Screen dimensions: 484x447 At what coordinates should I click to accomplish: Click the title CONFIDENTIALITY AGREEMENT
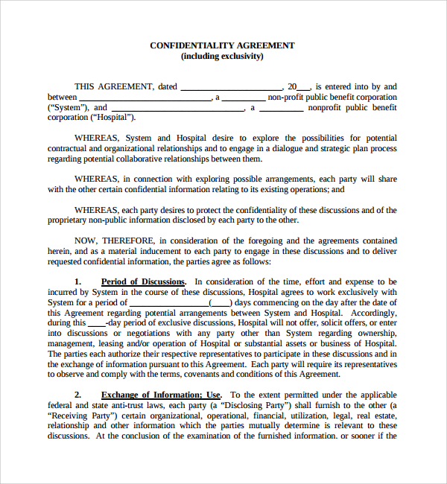coord(222,45)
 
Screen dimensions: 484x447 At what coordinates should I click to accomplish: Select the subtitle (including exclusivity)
coord(222,56)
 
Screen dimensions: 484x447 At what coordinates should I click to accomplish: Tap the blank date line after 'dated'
coord(231,87)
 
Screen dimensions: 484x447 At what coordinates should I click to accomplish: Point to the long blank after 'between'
coord(145,98)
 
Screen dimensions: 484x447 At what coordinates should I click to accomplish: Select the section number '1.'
coord(78,282)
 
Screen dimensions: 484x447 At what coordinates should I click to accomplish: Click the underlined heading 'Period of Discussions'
coord(143,282)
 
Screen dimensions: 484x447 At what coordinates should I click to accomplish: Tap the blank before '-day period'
coord(96,323)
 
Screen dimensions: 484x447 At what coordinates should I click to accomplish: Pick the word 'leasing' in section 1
coord(107,344)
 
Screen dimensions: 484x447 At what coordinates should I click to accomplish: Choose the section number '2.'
coord(78,395)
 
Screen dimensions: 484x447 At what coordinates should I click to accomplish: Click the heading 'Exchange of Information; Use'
coord(161,395)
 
